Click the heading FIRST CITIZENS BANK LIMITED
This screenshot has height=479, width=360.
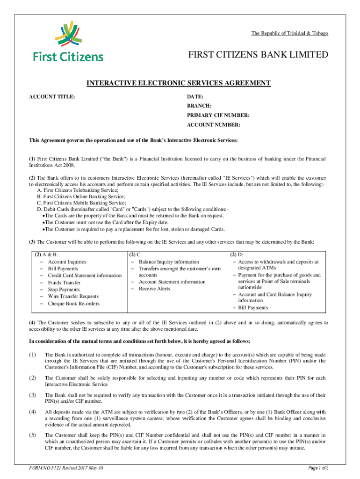pyautogui.click(x=258, y=55)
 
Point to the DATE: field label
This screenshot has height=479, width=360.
pyautogui.click(x=195, y=96)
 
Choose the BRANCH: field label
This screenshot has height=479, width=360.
pyautogui.click(x=200, y=106)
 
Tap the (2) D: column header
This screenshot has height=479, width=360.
pyautogui.click(x=236, y=255)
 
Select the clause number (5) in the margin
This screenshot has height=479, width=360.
pyautogui.click(x=33, y=435)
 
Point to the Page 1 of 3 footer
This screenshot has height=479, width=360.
pyautogui.click(x=318, y=468)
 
